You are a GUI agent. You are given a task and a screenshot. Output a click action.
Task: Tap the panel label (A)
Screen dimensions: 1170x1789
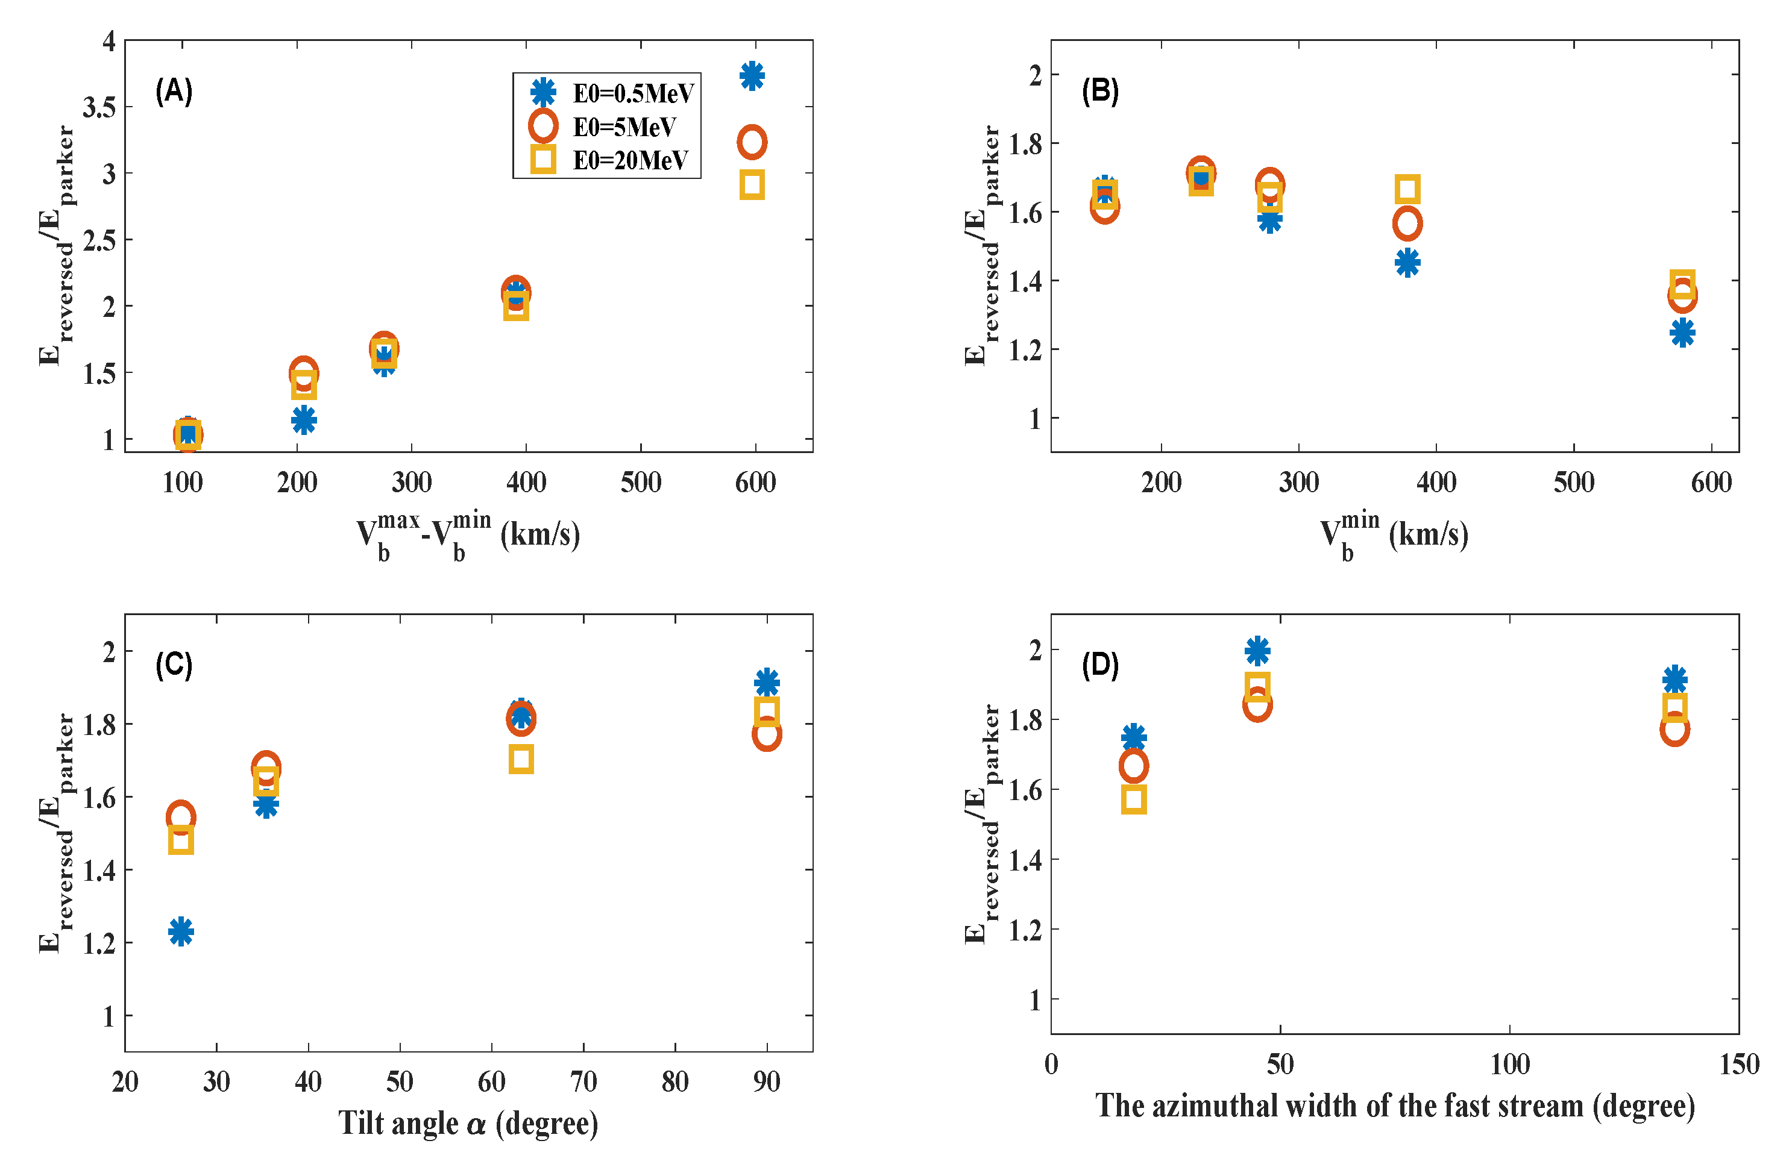pyautogui.click(x=174, y=91)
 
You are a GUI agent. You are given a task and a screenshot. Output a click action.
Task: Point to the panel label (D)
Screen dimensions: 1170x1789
pyautogui.click(x=1099, y=665)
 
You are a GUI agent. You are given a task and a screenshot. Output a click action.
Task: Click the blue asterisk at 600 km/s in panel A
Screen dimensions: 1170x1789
pyautogui.click(x=752, y=76)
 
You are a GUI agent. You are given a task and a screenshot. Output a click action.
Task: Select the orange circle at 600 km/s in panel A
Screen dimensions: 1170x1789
pyautogui.click(x=752, y=142)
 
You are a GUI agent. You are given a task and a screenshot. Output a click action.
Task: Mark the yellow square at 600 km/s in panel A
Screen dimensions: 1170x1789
pyautogui.click(x=752, y=185)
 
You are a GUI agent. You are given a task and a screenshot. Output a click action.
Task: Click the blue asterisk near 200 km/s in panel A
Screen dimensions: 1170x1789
pyautogui.click(x=304, y=420)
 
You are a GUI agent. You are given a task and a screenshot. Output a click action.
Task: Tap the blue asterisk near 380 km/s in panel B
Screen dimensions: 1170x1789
pyautogui.click(x=1407, y=263)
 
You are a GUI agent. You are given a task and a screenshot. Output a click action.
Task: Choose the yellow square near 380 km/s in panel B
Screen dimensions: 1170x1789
pyautogui.click(x=1407, y=189)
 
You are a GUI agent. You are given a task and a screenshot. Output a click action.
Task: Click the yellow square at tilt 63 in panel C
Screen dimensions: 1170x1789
pyautogui.click(x=521, y=759)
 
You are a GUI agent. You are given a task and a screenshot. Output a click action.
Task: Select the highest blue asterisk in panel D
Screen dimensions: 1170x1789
pyautogui.click(x=1257, y=651)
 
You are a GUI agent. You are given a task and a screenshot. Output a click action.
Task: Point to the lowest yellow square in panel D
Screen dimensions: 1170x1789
pyautogui.click(x=1134, y=799)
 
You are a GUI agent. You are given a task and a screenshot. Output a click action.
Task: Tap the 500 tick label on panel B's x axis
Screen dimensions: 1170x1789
pyautogui.click(x=1573, y=483)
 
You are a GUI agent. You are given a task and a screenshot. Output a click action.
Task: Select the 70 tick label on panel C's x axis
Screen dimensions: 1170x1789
pyautogui.click(x=583, y=1081)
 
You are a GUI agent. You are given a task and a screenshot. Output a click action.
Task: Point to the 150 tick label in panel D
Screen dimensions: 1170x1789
pyautogui.click(x=1738, y=1064)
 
